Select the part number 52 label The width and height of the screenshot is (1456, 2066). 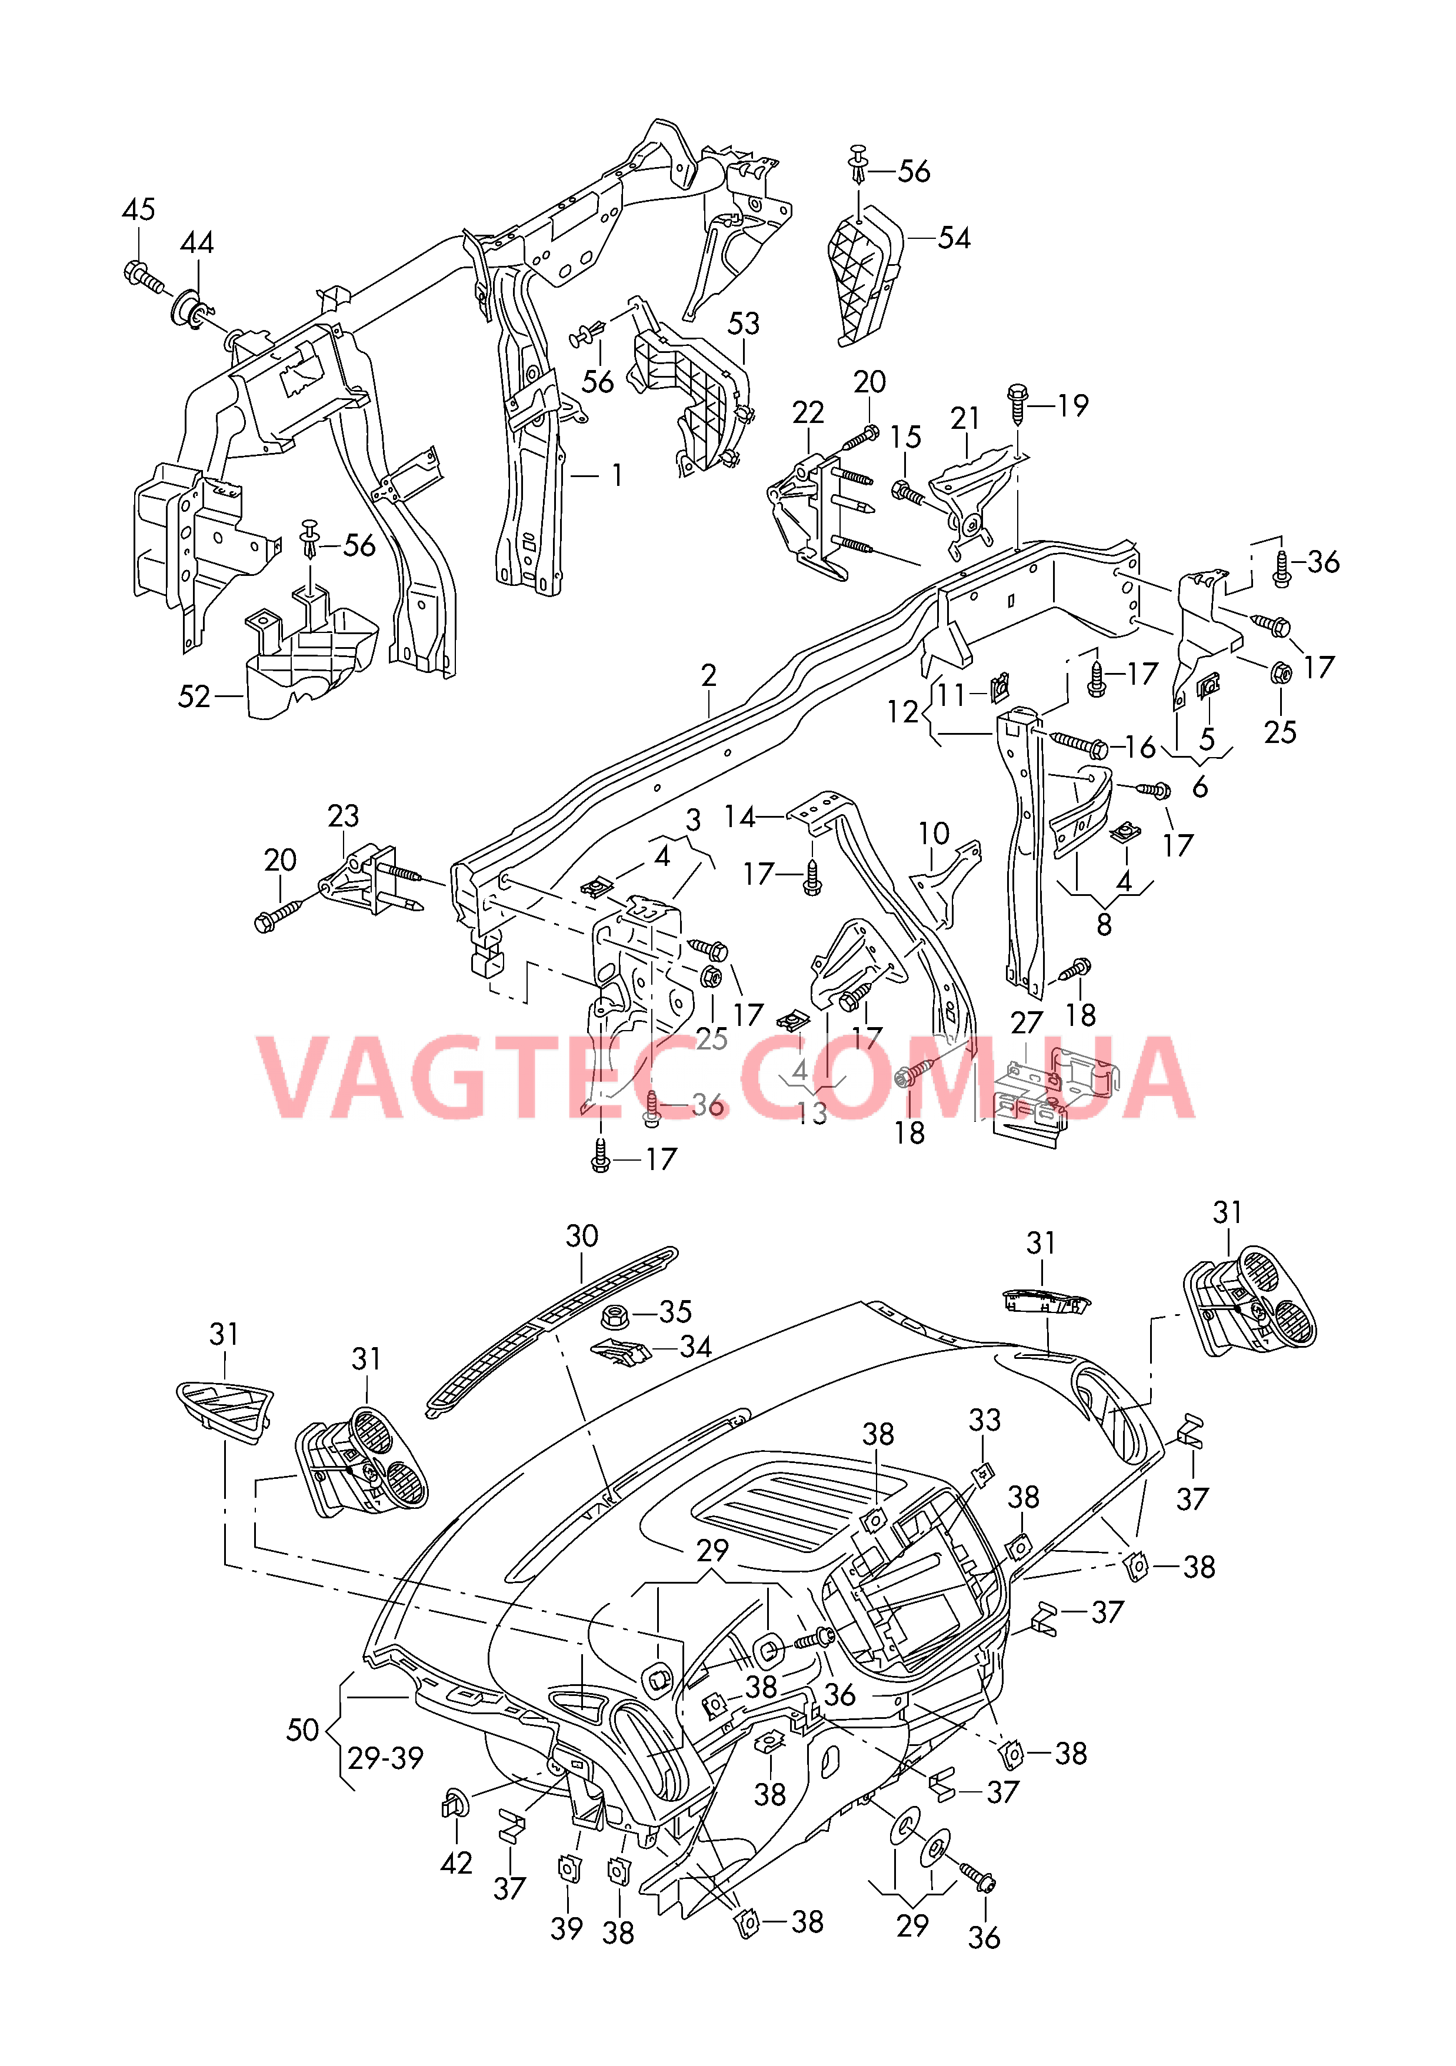(x=194, y=697)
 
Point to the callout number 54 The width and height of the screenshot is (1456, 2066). (x=954, y=238)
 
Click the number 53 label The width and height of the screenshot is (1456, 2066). (x=744, y=324)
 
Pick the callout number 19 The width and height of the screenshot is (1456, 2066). (x=1072, y=406)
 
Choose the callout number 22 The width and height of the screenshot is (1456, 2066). (x=807, y=413)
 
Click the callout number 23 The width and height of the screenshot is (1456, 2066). (x=343, y=816)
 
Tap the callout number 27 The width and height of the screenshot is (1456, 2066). (x=1026, y=1023)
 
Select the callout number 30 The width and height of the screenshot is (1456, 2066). (x=581, y=1237)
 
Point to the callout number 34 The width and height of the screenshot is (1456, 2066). (x=695, y=1348)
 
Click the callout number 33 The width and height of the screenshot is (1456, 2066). (x=984, y=1420)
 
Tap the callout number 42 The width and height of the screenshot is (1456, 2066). (x=457, y=1862)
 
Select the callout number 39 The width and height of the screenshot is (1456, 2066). (x=566, y=1929)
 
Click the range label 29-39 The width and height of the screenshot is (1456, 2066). (x=385, y=1758)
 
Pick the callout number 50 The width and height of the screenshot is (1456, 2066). (x=302, y=1730)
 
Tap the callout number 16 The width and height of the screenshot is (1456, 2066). (x=1140, y=747)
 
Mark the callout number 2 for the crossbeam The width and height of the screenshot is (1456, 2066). (x=708, y=676)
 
